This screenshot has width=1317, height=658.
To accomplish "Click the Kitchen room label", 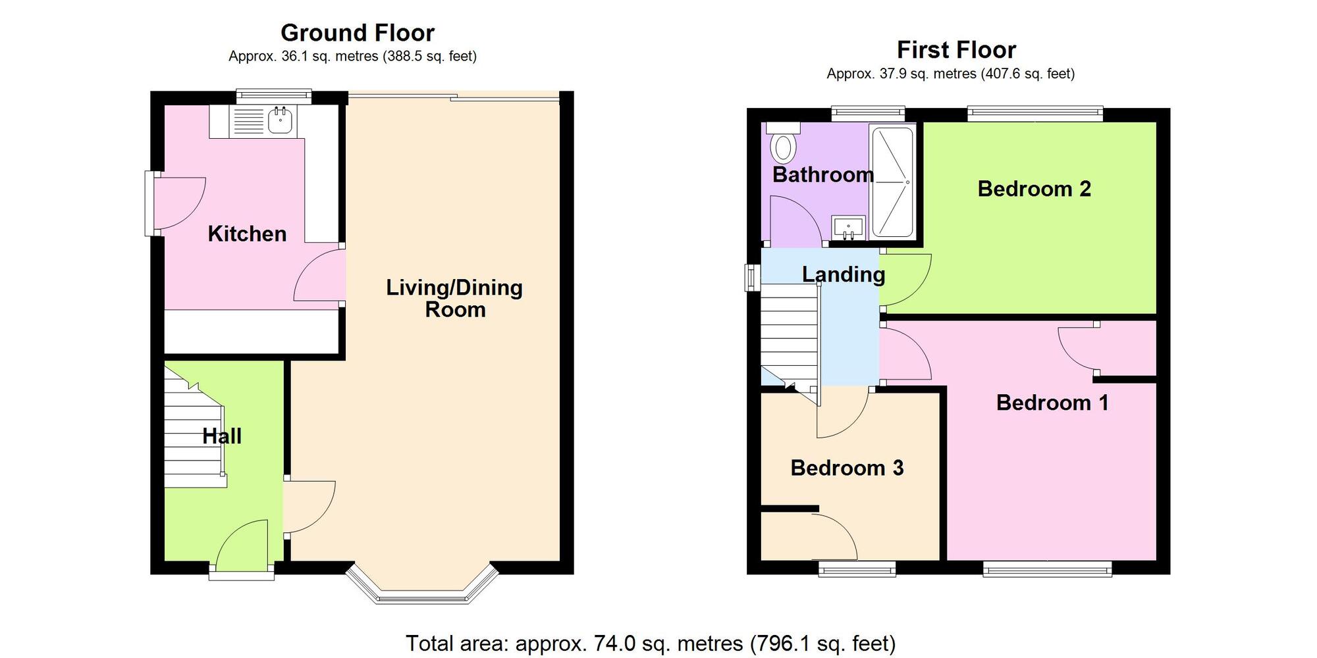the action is [x=247, y=234].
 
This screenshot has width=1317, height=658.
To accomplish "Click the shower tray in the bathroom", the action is [x=892, y=182].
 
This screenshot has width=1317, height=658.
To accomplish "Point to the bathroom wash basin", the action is [x=847, y=228].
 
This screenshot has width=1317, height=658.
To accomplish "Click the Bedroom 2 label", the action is [x=1034, y=189].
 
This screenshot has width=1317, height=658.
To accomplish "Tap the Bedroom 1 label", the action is [x=1052, y=403].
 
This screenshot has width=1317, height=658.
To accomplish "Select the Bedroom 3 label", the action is [x=847, y=468].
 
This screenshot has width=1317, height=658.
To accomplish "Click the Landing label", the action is [x=844, y=274].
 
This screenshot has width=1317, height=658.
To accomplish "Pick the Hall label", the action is [x=222, y=436].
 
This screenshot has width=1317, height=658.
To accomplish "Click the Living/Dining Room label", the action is [x=454, y=298].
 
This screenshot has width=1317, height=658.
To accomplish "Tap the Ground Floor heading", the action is [x=358, y=33].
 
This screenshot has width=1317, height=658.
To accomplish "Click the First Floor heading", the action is [x=956, y=50].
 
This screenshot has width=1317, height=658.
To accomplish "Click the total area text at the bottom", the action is [x=651, y=643].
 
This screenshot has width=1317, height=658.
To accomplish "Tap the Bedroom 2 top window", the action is [x=1035, y=114].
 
